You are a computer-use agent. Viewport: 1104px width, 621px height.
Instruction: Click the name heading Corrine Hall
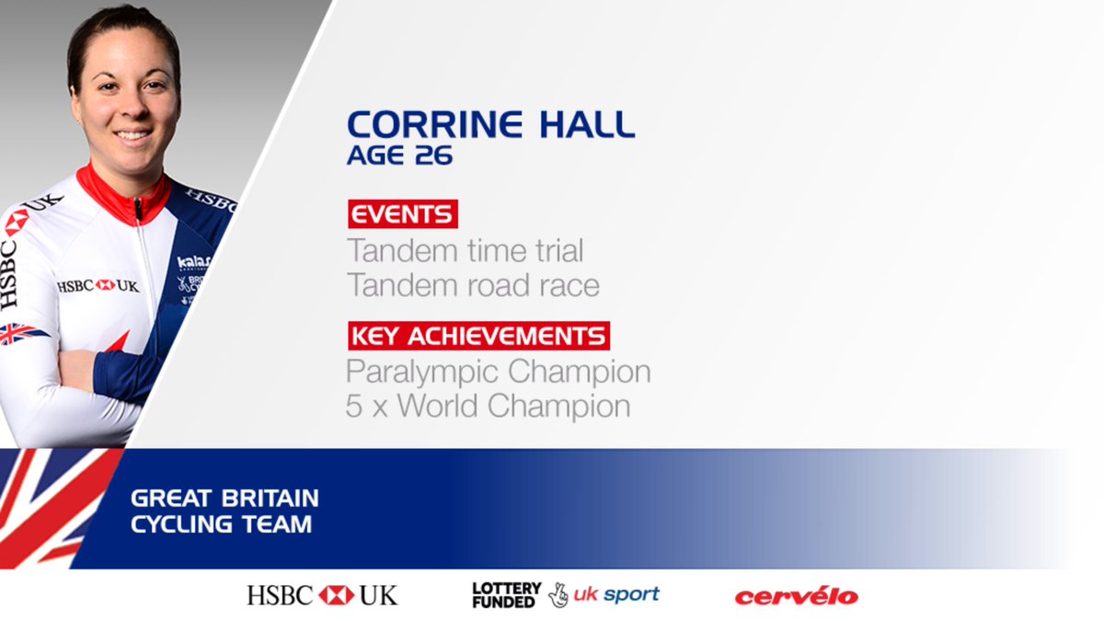(x=490, y=123)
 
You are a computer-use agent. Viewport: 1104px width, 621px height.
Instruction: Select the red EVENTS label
(x=402, y=214)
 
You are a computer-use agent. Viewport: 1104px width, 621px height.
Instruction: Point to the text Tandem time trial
(x=465, y=250)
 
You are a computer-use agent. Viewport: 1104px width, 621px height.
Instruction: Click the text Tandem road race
(x=473, y=285)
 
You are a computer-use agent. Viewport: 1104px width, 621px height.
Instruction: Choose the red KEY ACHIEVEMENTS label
(x=478, y=335)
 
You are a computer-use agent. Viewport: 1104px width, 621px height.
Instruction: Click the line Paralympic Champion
(x=498, y=372)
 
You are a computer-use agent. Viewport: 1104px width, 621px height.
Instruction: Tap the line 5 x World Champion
(x=488, y=407)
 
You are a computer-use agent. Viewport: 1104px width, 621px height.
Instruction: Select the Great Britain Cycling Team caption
(x=224, y=511)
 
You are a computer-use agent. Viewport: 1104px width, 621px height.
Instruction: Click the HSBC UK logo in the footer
(x=322, y=595)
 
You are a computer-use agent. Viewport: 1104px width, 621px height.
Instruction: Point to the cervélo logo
(x=796, y=596)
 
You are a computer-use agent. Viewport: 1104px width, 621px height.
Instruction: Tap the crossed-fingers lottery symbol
(x=558, y=595)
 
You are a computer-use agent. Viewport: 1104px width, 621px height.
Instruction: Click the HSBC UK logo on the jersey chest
(x=98, y=286)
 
